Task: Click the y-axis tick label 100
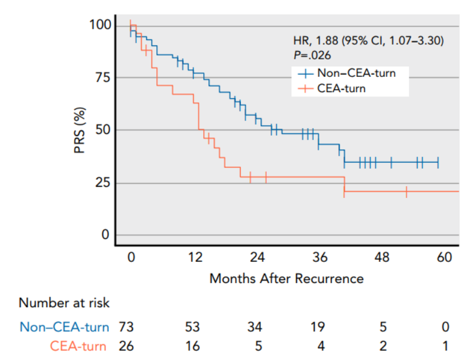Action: pos(99,25)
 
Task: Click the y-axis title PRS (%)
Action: pos(80,130)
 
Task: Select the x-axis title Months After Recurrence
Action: pos(286,278)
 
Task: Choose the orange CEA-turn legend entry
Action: pos(341,89)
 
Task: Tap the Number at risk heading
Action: pos(64,303)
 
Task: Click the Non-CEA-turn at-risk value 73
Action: pos(127,327)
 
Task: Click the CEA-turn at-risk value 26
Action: pos(127,346)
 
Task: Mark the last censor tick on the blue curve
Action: pos(438,162)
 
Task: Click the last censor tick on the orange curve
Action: pos(406,191)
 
